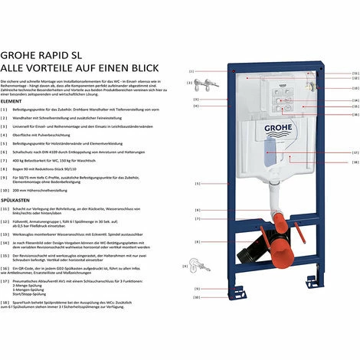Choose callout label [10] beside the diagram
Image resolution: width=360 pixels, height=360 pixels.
196,298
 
